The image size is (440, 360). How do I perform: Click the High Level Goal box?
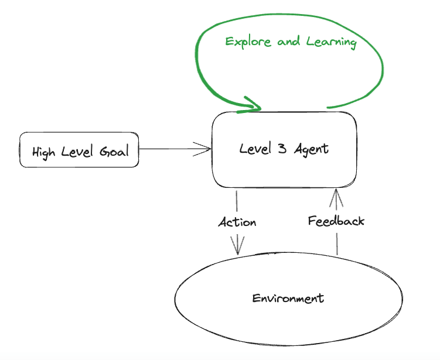point(79,150)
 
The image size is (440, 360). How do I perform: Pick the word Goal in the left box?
point(115,152)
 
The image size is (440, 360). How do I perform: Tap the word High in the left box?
point(44,152)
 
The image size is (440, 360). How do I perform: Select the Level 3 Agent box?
point(285,149)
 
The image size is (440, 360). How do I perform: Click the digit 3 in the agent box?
point(282,149)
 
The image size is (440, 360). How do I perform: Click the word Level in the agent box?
point(256,149)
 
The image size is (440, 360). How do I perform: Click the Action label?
point(237,222)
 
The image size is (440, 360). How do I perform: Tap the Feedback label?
point(336,221)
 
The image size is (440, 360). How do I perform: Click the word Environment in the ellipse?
point(288,299)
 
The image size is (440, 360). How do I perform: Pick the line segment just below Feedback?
point(336,243)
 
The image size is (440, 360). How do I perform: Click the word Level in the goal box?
point(79,152)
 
